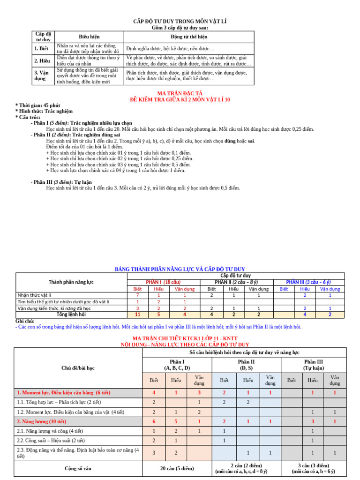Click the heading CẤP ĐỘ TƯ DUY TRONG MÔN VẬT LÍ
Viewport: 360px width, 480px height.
(x=180, y=22)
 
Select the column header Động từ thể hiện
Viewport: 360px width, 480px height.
(x=189, y=37)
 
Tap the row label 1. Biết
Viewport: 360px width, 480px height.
(x=41, y=48)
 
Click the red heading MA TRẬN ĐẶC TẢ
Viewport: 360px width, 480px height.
(x=180, y=94)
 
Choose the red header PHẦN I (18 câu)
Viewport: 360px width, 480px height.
(x=163, y=282)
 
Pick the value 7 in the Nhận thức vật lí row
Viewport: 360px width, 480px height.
(x=137, y=295)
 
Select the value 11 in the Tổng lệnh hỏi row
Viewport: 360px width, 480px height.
(x=137, y=315)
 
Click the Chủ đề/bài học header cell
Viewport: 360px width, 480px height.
(x=78, y=368)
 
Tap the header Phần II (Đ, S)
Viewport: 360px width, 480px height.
(x=247, y=365)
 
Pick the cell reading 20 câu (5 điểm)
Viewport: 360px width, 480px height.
(x=177, y=468)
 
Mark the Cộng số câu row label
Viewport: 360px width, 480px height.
(x=78, y=468)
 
